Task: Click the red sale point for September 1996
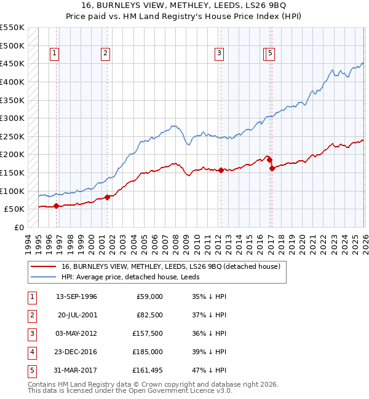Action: pos(56,206)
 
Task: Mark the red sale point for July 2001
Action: pos(107,197)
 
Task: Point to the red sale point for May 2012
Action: pos(221,171)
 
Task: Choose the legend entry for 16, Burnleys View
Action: pos(170,266)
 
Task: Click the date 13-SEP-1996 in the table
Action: pos(76,296)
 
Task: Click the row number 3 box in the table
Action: pos(30,333)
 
